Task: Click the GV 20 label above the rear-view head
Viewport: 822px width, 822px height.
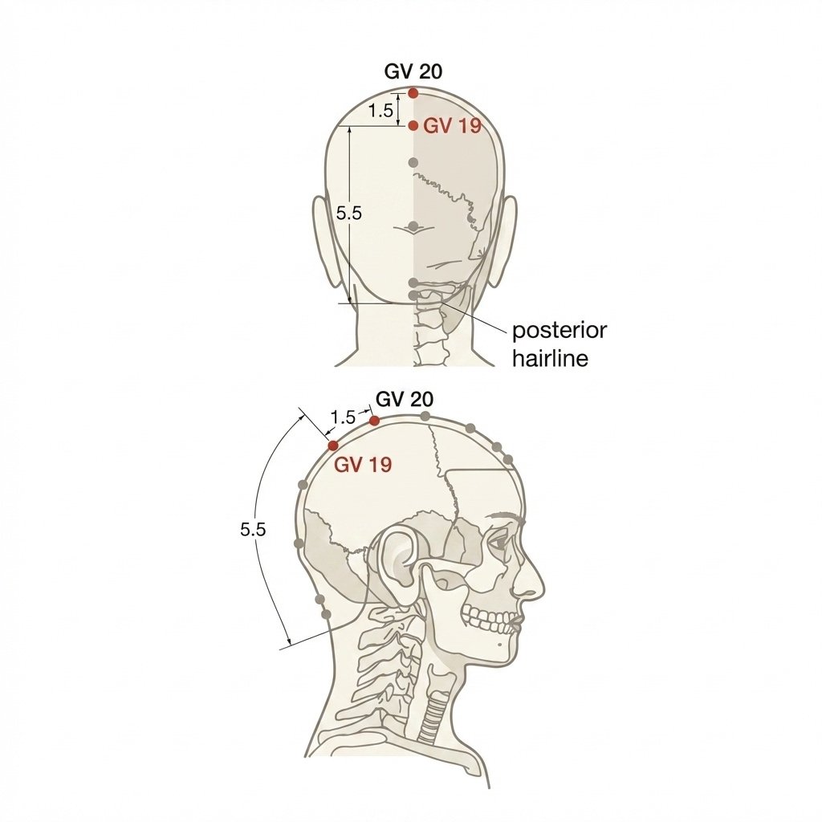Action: (413, 71)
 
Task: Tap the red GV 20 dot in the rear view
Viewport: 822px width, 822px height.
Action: (413, 93)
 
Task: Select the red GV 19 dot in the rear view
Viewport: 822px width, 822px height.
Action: (413, 126)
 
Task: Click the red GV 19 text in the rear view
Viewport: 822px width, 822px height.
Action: (452, 126)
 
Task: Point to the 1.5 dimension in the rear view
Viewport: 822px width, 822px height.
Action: (380, 111)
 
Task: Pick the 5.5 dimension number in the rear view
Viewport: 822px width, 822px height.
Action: (349, 214)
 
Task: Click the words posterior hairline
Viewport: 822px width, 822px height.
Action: (560, 344)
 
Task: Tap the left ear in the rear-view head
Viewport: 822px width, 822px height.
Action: (325, 241)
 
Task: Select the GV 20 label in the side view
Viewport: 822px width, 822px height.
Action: (405, 400)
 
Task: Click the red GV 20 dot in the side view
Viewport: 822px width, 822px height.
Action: (374, 421)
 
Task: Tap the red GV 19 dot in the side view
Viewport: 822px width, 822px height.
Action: (333, 446)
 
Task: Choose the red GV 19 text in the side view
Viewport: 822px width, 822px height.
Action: (364, 465)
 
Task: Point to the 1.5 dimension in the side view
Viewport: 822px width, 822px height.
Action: (343, 417)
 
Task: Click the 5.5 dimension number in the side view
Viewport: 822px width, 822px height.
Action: (253, 530)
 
